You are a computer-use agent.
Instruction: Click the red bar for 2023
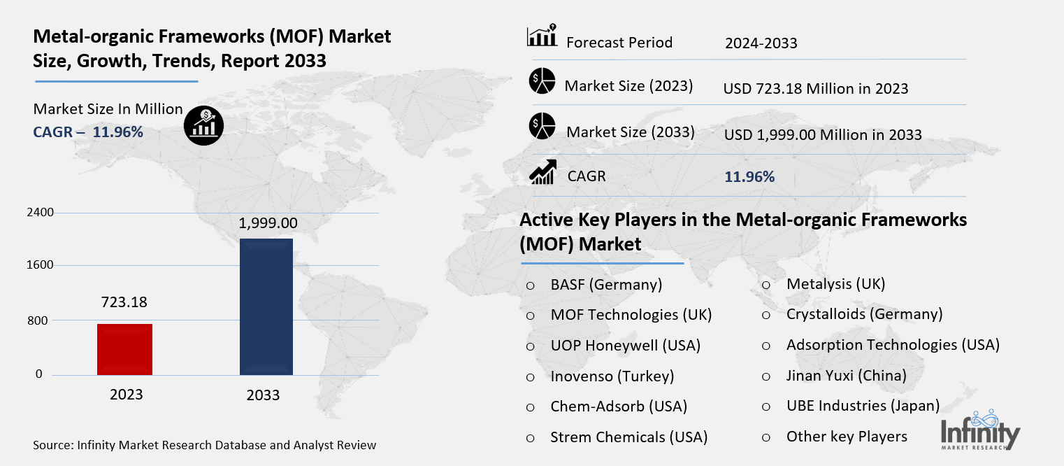125,349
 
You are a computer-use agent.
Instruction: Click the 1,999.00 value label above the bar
268,223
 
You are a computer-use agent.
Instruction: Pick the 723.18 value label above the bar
124,302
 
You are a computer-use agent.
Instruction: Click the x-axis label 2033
263,395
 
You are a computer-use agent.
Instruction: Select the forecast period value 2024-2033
761,43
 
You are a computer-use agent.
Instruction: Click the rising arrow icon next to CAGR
542,172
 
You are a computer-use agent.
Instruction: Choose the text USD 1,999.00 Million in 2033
823,134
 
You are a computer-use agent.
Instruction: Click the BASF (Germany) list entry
606,285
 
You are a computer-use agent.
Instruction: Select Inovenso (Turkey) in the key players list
612,376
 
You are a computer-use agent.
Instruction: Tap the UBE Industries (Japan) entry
863,406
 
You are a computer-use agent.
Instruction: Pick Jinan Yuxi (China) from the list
846,376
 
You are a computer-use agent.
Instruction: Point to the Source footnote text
204,445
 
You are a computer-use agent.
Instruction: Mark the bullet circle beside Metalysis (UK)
766,285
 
